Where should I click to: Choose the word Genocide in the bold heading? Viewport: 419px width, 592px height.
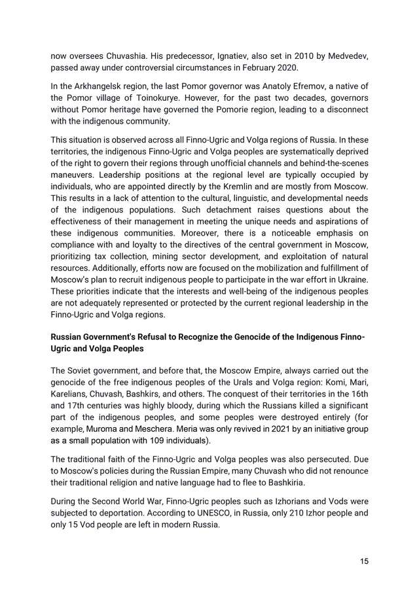click(270, 338)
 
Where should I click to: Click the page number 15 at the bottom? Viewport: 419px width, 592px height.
click(363, 561)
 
